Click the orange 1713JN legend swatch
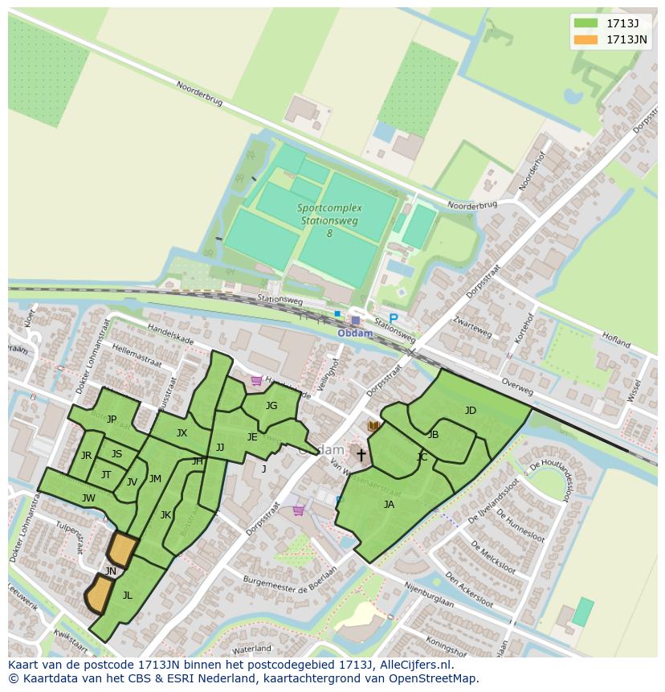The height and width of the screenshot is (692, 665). click(586, 39)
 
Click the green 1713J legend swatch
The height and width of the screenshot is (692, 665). click(586, 23)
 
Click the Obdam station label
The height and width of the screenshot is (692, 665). click(354, 334)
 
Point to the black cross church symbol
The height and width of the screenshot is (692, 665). click(361, 456)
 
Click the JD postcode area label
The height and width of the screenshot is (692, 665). click(471, 411)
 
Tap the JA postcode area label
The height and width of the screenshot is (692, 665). click(389, 505)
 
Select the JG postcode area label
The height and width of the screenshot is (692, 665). click(271, 406)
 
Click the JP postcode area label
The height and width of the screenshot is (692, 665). click(112, 419)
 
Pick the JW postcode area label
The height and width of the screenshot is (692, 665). click(88, 498)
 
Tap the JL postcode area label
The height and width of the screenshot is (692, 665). click(127, 596)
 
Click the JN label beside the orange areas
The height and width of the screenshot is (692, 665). click(111, 571)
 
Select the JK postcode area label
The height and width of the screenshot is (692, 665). click(165, 515)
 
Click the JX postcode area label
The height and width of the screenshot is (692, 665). click(182, 433)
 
